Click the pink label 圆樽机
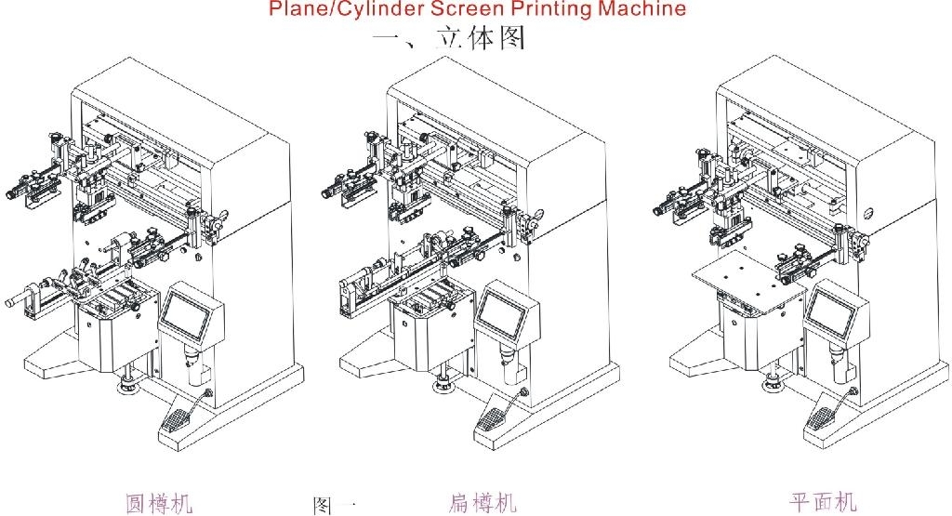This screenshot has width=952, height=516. (159, 503)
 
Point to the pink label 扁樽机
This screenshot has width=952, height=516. (482, 503)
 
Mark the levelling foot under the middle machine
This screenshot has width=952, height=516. (440, 382)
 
